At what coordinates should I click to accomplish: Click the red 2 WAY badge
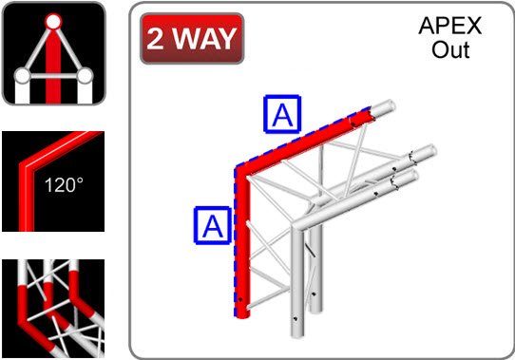(x=192, y=38)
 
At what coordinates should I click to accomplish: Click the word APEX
(x=450, y=26)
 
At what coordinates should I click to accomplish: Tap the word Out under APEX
(x=450, y=50)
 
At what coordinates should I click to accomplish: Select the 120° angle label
(x=64, y=185)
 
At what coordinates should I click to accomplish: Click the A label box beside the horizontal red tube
(x=282, y=114)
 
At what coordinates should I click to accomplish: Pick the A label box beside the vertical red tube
(x=213, y=225)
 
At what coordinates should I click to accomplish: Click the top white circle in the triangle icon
(x=53, y=22)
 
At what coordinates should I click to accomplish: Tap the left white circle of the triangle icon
(x=23, y=76)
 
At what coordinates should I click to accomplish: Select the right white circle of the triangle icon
(x=85, y=76)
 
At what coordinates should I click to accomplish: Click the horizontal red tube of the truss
(x=304, y=142)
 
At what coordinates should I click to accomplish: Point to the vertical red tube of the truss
(x=242, y=243)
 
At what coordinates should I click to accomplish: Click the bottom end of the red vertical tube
(x=242, y=316)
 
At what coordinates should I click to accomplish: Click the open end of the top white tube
(x=391, y=106)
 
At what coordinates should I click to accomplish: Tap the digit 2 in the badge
(x=155, y=39)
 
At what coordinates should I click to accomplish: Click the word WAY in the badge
(x=204, y=39)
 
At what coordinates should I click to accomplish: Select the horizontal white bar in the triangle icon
(x=53, y=77)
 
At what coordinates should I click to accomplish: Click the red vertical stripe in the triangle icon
(x=53, y=66)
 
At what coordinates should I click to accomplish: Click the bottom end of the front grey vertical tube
(x=296, y=334)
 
